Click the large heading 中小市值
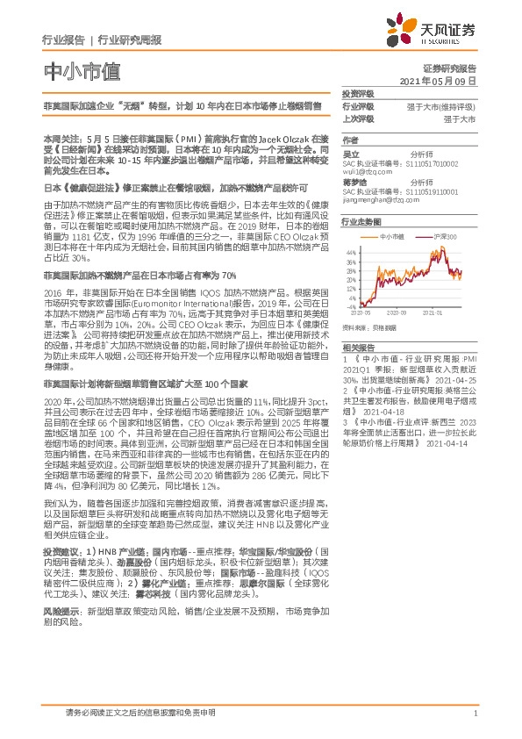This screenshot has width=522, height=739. [74, 70]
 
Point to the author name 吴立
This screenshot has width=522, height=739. [350, 152]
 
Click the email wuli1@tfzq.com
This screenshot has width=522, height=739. [364, 171]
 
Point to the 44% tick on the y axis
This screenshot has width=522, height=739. [350, 252]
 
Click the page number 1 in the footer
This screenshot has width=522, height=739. [475, 714]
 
